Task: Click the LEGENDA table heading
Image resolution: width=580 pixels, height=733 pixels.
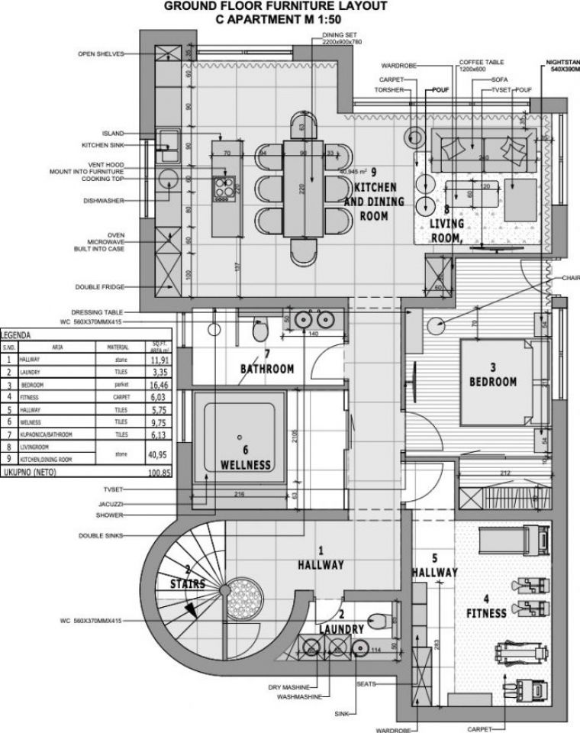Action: (x=17, y=334)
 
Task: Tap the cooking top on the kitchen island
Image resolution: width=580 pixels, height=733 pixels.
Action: (x=223, y=187)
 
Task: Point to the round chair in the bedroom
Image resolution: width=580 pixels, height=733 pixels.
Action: (x=437, y=325)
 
